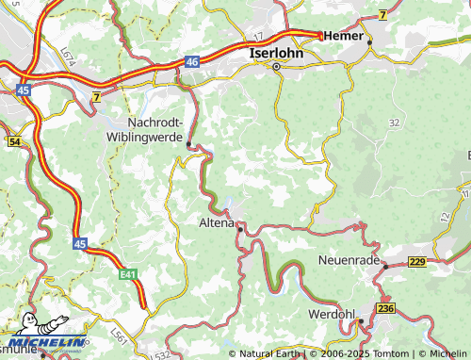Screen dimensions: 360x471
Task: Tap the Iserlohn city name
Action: (x=276, y=54)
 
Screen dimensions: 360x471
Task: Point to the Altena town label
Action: (x=216, y=223)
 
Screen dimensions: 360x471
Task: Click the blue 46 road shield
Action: (x=192, y=61)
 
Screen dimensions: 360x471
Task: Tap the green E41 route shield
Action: (x=129, y=274)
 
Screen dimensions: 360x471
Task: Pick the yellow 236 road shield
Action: (x=385, y=308)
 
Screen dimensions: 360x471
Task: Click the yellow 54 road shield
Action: (x=14, y=141)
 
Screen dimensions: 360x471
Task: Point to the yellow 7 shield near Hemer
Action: (x=382, y=14)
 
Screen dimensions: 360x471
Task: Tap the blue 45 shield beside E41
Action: (x=79, y=243)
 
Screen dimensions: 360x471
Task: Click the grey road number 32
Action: (x=393, y=123)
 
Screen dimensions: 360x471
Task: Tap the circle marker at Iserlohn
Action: (x=276, y=68)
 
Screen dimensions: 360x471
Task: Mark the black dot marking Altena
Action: (x=240, y=227)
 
